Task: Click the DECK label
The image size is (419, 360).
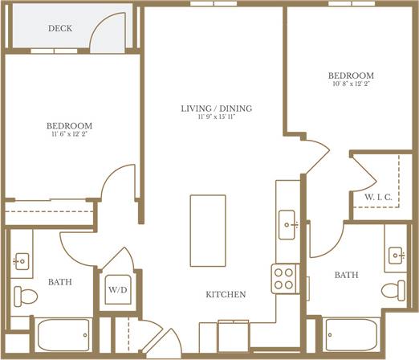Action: pos(59,28)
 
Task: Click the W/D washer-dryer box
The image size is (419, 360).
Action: pos(117,288)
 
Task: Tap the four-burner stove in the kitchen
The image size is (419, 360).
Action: pos(284,278)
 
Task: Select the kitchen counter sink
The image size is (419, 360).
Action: pos(287,225)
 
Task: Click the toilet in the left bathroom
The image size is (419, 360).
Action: pos(26,296)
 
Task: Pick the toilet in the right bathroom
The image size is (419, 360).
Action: pos(393,290)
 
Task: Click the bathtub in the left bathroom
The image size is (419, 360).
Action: pos(62,333)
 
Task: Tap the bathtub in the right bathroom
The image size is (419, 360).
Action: pos(351,333)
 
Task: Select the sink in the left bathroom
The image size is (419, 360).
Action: pos(22,260)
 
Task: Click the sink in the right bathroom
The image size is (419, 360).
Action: pos(397,255)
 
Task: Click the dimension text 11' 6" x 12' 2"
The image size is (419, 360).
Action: pos(68,135)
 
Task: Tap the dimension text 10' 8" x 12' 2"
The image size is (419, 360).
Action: pos(351,84)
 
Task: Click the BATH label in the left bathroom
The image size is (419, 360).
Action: pos(59,282)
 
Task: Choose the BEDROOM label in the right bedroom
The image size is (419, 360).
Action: pos(351,76)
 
